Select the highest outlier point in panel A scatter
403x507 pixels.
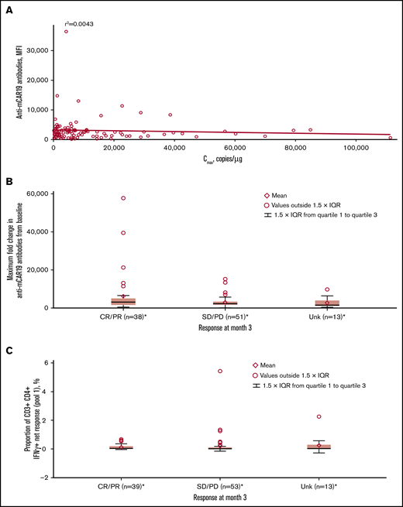pos(67,32)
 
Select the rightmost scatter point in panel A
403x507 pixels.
pos(391,138)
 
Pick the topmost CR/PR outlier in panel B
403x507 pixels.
pos(123,198)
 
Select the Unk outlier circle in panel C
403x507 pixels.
pos(319,416)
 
